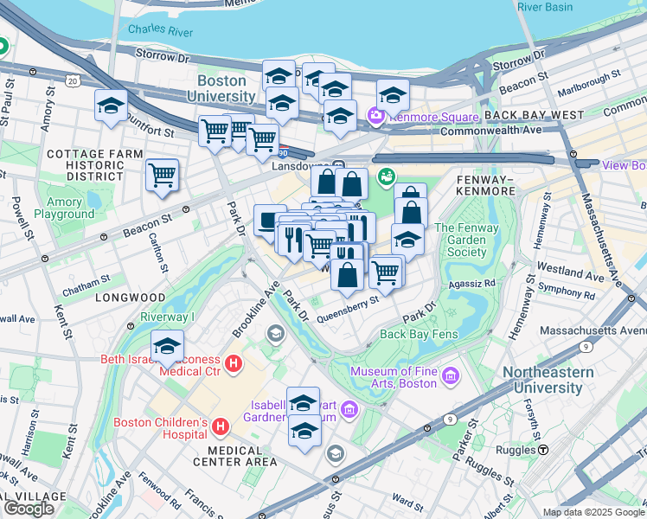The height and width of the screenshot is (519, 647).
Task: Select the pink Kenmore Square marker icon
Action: point(375,115)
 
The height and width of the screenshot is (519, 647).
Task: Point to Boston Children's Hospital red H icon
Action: point(221,426)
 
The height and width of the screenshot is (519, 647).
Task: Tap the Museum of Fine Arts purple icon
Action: point(450,376)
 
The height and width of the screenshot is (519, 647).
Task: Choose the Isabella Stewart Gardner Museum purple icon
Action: point(349,408)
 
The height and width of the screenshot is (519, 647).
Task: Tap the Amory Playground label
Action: point(65,208)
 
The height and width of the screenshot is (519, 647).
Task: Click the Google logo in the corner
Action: point(29,508)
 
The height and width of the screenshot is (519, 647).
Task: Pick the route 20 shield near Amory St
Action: point(73,80)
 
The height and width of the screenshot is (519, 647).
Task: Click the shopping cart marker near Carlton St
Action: point(162,175)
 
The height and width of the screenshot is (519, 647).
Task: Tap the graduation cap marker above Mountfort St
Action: point(111,106)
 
